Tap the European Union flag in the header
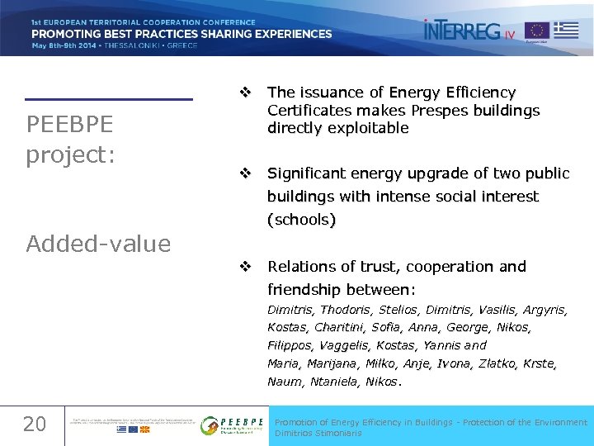pos(537,31)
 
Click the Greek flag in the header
pos(565,31)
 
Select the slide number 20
pos(34,425)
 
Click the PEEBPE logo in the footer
pos(233,425)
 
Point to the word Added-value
pos(98,244)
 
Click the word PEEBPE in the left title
pos(69,125)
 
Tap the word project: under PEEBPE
pos(69,154)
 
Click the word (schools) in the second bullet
pos(301,220)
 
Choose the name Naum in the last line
pos(284,382)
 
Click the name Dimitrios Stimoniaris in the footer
pos(318,433)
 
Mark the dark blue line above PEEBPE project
pos(108,99)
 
